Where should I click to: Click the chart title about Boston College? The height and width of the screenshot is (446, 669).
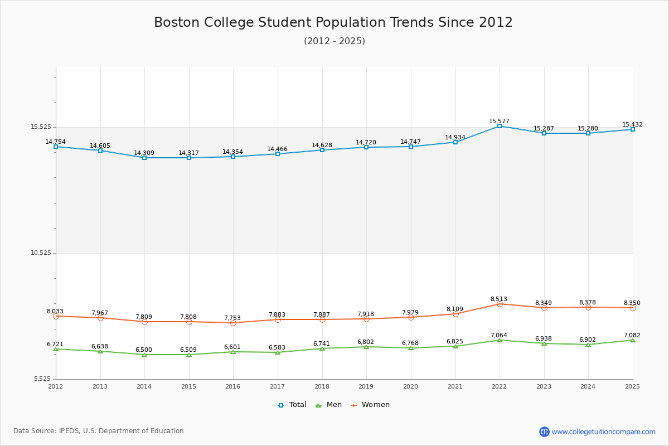pos(333,22)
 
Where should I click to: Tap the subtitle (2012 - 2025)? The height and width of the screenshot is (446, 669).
pos(334,41)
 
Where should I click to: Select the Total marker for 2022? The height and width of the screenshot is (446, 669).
pos(500,126)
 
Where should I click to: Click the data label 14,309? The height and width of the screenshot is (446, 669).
pos(144,153)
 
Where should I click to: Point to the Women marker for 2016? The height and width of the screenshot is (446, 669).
pos(233,323)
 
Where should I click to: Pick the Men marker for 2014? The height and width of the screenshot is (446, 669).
pos(144,355)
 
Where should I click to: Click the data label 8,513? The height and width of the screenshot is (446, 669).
pos(498,299)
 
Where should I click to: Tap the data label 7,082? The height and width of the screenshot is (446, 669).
pos(632,335)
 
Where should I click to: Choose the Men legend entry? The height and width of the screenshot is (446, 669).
pos(329,405)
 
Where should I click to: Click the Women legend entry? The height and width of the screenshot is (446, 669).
pos(370,405)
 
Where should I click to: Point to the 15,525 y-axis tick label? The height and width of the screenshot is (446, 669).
pos(41,127)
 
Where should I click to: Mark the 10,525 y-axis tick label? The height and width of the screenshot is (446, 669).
pos(41,253)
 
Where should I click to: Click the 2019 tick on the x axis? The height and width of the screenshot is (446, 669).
pos(366,386)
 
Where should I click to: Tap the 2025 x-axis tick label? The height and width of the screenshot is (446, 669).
pos(632,386)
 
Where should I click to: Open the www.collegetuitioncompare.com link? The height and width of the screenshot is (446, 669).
pos(603,432)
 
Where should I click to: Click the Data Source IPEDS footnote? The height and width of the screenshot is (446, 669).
pos(99,431)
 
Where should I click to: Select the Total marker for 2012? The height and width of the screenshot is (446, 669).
pos(56,147)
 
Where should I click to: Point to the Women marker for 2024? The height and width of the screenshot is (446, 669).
pos(588,307)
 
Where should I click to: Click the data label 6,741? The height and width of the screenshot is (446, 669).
pos(322,343)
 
